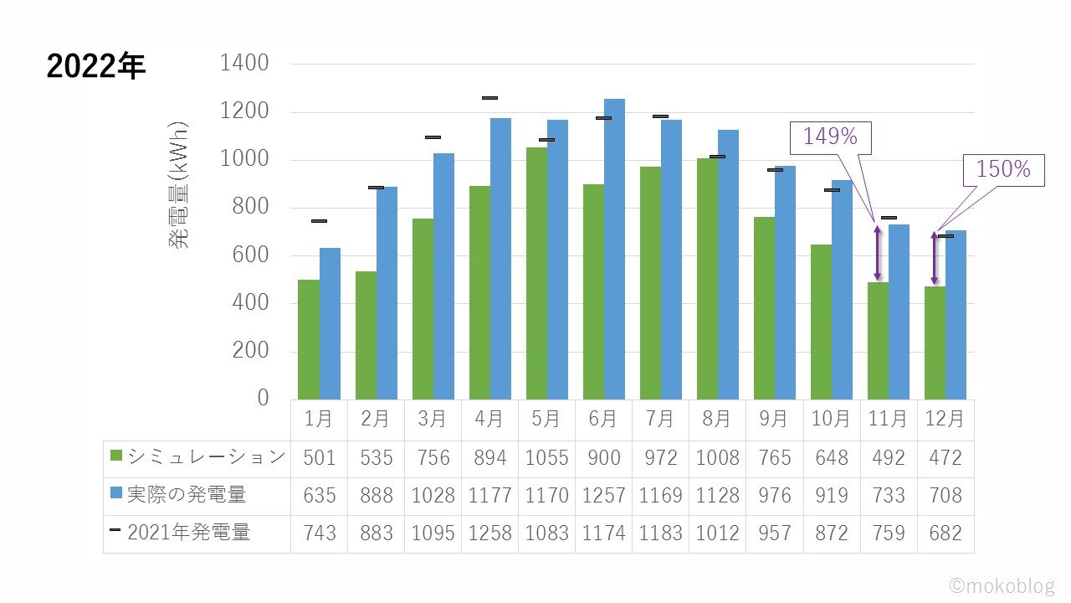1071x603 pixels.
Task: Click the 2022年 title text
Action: (x=96, y=68)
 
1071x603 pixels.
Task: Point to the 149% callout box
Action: (x=831, y=137)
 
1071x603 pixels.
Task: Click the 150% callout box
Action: (x=1004, y=170)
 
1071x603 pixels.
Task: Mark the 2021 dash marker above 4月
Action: (x=489, y=98)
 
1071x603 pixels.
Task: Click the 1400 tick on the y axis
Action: (x=244, y=64)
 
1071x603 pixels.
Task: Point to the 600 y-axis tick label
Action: (x=250, y=255)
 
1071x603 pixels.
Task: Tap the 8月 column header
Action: (x=717, y=418)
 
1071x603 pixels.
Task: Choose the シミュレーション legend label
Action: (x=206, y=457)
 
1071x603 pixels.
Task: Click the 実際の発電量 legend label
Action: (x=186, y=495)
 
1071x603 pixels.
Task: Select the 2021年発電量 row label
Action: (x=188, y=533)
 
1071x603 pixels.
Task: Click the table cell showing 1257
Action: (x=603, y=496)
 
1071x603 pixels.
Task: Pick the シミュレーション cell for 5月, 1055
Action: (x=546, y=458)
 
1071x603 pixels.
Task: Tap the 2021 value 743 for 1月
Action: (x=320, y=533)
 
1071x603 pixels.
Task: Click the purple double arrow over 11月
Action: (x=878, y=252)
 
